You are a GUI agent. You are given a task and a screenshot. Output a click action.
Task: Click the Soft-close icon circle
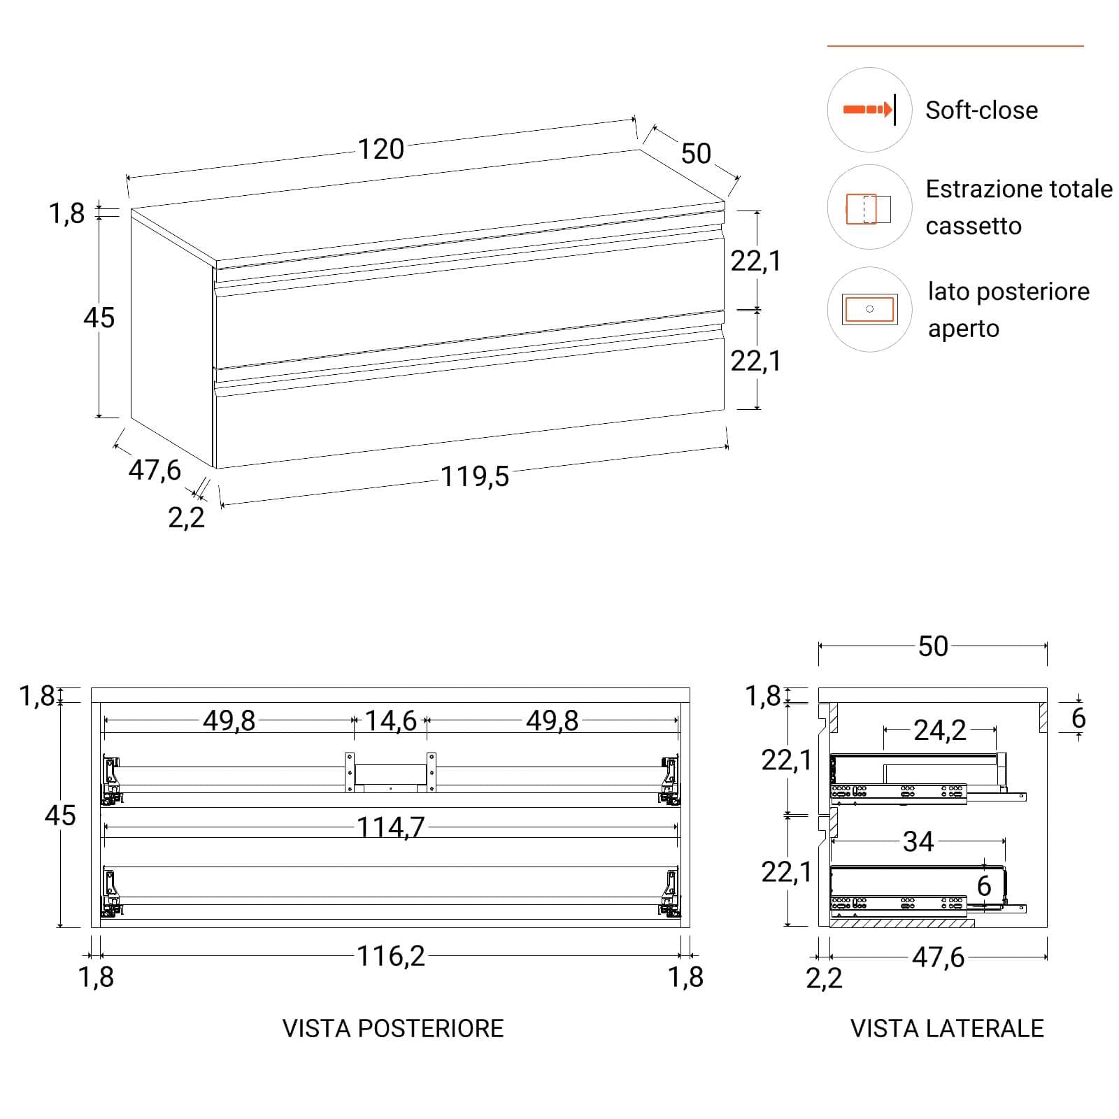(869, 110)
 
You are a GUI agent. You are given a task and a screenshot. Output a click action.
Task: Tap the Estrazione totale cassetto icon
(869, 208)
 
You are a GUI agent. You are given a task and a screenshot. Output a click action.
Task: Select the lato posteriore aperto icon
(869, 308)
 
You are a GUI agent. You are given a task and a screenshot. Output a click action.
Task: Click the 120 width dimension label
(381, 149)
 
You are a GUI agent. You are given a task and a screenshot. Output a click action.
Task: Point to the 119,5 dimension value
(475, 477)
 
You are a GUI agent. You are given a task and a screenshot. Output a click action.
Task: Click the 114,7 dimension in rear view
(391, 828)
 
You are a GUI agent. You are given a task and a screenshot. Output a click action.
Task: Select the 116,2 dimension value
(391, 956)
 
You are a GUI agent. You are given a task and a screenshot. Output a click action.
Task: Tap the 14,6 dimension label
(391, 720)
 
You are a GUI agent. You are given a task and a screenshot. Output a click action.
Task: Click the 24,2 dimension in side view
(940, 730)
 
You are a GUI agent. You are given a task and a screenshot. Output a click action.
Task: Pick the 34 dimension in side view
(918, 841)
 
